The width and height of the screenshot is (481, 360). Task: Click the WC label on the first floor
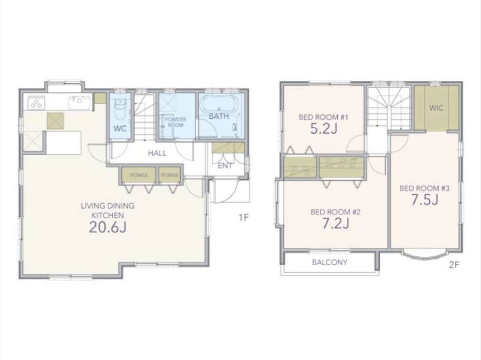tap(120, 128)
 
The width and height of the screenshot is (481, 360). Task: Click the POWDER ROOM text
tap(175, 122)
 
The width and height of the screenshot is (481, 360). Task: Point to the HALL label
tap(157, 153)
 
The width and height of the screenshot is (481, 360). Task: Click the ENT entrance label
tap(225, 166)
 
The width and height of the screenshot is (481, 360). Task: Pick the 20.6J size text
tap(107, 227)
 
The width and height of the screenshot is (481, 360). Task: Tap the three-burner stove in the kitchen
tap(36, 103)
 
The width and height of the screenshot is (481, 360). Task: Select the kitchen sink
tap(80, 102)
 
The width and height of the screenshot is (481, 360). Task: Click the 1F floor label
tap(244, 218)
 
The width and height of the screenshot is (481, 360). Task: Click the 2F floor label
tap(454, 265)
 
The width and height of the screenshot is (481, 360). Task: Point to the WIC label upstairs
tap(436, 108)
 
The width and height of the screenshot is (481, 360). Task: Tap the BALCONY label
tap(329, 263)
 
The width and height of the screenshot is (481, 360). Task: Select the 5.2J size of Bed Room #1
tap(324, 129)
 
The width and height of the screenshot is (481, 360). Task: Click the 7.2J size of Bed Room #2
tap(336, 224)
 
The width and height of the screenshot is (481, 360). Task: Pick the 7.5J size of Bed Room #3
tap(424, 200)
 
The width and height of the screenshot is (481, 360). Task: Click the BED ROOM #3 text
tap(424, 188)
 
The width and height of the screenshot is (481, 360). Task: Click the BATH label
tap(219, 116)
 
